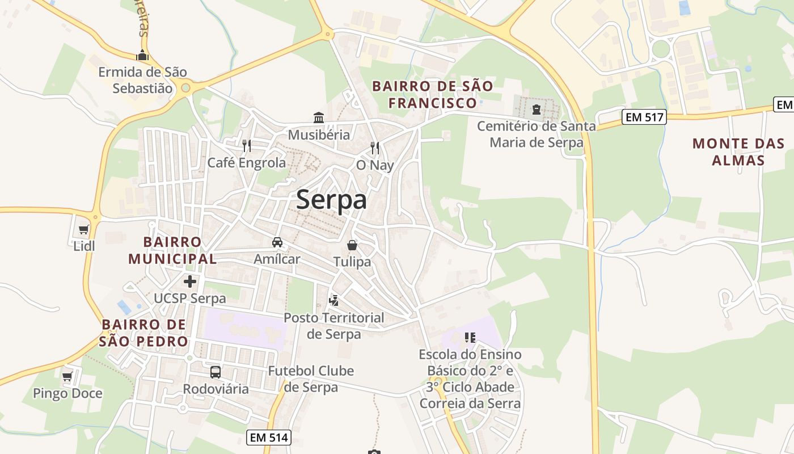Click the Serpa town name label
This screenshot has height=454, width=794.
(x=331, y=200)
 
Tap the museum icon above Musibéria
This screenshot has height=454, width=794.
(x=319, y=118)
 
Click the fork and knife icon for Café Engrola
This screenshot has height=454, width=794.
(x=247, y=146)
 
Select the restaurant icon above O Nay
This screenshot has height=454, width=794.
(x=374, y=148)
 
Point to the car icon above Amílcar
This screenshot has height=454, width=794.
(x=277, y=242)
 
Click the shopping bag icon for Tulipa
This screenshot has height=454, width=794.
(x=352, y=245)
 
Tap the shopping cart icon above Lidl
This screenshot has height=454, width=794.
(x=84, y=229)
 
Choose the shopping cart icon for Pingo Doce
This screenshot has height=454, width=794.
(x=67, y=376)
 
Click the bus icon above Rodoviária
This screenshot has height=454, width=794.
(x=216, y=372)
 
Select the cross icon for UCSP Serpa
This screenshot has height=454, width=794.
(x=190, y=281)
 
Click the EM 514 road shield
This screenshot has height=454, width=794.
(x=269, y=438)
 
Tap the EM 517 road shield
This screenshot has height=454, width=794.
(x=644, y=117)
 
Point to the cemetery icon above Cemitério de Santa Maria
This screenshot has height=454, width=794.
(x=537, y=108)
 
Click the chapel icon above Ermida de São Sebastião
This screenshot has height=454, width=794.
(x=142, y=56)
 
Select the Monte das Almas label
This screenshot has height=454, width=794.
(x=738, y=152)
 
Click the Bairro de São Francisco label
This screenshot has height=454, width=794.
(x=432, y=94)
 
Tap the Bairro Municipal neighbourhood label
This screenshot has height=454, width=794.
(x=172, y=250)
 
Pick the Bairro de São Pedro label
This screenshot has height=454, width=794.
(x=144, y=333)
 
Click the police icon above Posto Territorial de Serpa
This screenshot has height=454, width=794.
(x=334, y=300)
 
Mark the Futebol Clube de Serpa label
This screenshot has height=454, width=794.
(x=311, y=379)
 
